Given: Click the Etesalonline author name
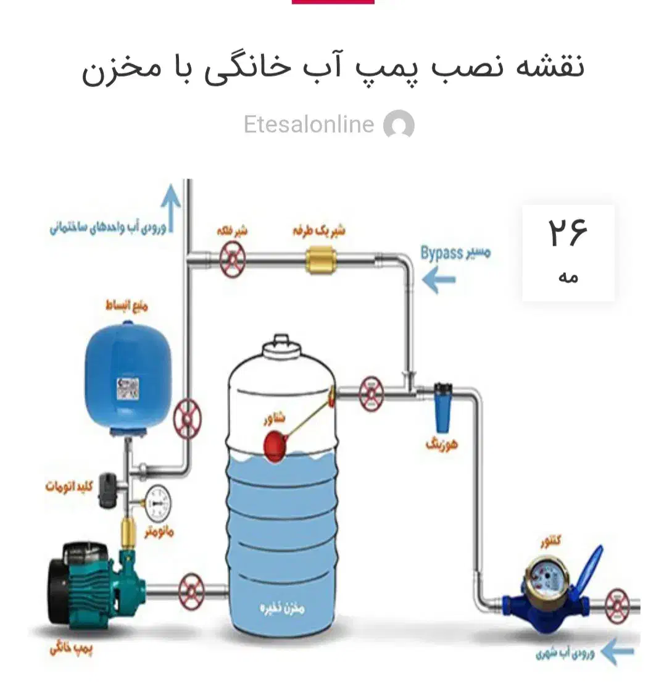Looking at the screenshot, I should (309, 125).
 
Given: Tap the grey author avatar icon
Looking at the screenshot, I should (399, 125).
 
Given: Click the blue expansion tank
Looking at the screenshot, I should (128, 379).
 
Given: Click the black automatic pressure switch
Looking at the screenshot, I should (110, 490).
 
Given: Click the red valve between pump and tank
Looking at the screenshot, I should (191, 591).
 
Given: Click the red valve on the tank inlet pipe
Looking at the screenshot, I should (370, 393).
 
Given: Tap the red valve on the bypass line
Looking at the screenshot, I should (233, 259).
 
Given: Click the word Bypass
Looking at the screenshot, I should (441, 253).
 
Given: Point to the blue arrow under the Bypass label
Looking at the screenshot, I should (439, 280).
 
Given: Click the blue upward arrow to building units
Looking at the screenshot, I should (170, 207).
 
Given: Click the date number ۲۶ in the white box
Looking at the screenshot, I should (568, 233).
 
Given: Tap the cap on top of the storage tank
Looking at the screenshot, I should (280, 343).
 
